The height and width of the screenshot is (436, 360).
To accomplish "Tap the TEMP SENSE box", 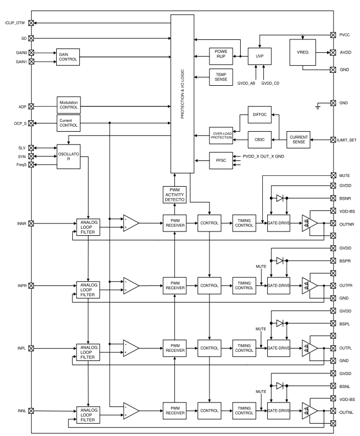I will pos(220,78).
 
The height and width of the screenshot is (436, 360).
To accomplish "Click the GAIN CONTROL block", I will pos(68,57).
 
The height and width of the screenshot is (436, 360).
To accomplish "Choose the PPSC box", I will pos(220,160).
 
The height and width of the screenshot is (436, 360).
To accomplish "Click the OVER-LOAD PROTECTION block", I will pos(220,135).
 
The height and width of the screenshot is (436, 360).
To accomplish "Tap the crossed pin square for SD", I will pos(31,38).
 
